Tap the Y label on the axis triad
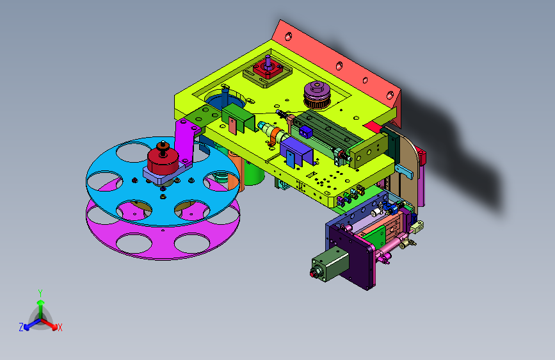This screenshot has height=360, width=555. (40, 293)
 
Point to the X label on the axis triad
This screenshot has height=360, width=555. (60, 328)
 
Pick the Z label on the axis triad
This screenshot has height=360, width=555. (21, 327)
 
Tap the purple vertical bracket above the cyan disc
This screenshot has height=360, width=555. (185, 141)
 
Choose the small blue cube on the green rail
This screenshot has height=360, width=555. (306, 132)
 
